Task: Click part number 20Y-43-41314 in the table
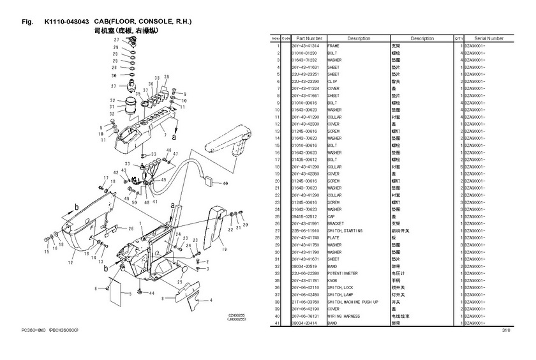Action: [306, 46]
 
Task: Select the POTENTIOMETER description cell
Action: [343, 273]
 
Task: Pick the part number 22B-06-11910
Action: [306, 230]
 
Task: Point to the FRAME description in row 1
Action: [333, 46]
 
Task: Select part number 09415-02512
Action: [305, 216]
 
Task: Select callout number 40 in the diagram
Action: [225, 183]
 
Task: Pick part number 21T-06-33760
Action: [306, 301]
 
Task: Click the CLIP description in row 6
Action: [332, 81]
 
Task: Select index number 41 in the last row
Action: [278, 323]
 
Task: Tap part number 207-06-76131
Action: [306, 316]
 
